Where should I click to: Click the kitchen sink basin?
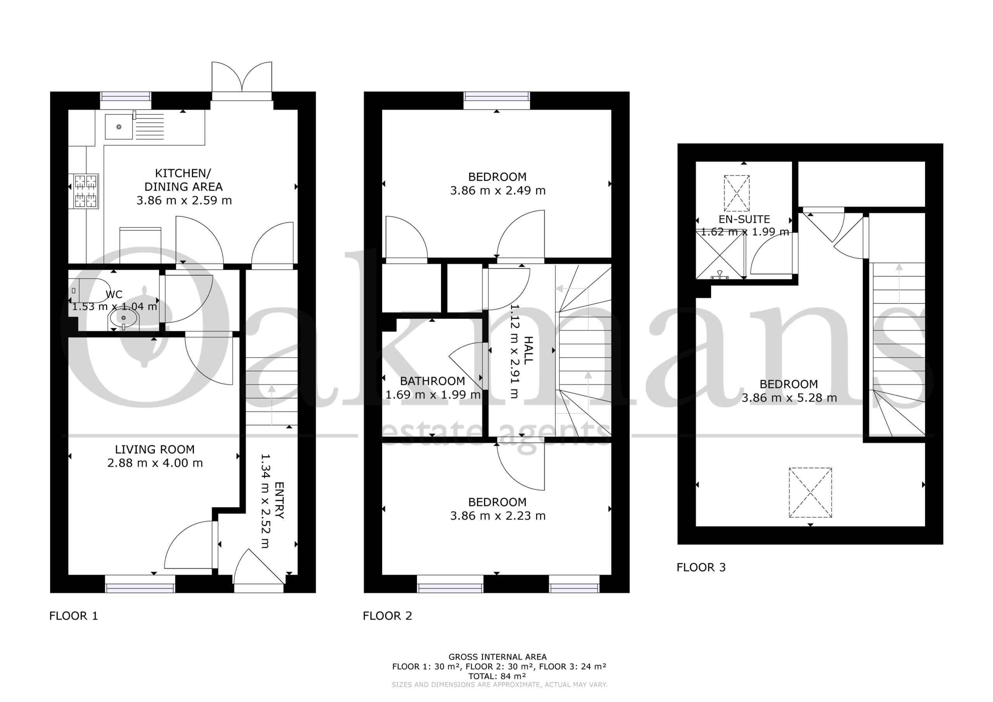tap(119, 127)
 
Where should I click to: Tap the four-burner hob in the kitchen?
tap(86, 191)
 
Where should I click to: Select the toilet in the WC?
tap(89, 290)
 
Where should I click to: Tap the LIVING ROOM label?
tap(155, 450)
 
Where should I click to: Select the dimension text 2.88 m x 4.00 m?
tap(155, 463)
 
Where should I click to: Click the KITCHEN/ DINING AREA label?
tap(183, 180)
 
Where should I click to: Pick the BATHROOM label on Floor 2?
tap(432, 381)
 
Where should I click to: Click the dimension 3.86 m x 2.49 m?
tap(498, 191)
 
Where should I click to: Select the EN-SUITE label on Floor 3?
tap(744, 219)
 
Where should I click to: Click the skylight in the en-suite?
tap(737, 194)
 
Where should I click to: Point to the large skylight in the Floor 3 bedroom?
tap(810, 493)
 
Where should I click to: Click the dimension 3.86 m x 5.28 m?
tap(789, 398)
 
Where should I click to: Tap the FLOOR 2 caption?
tap(388, 616)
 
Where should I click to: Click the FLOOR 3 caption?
tap(701, 567)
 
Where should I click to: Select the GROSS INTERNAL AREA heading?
tap(498, 657)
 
